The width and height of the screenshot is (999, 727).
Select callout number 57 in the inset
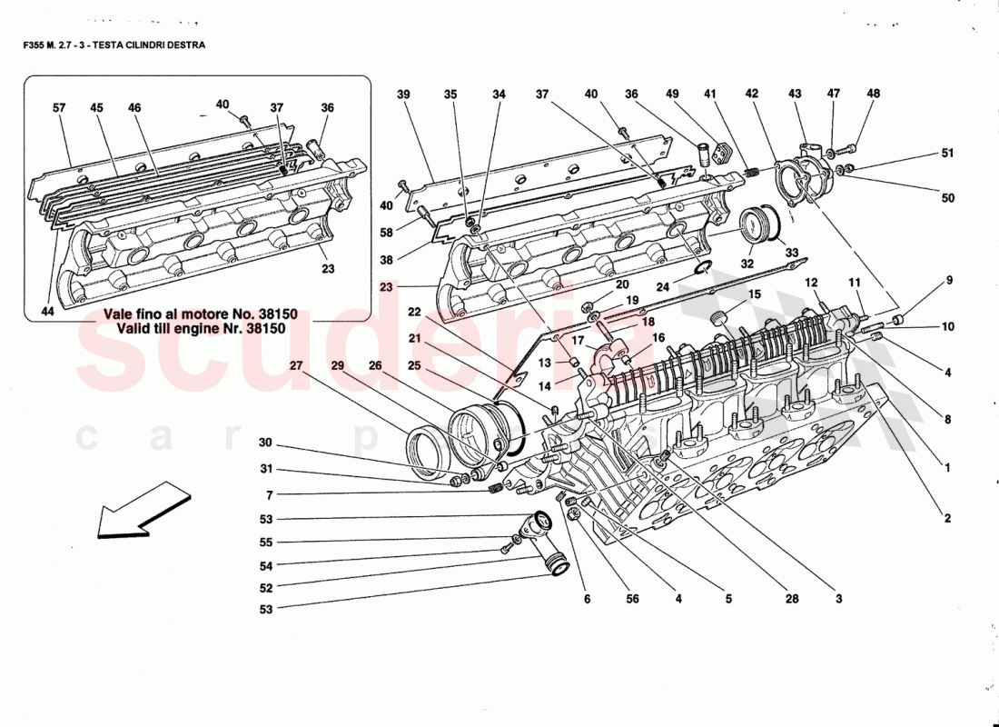pos(59,108)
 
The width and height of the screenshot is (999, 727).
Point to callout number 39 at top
pos(404,94)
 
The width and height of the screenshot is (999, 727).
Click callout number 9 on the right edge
pos(949,281)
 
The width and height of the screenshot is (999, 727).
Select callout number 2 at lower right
pos(946,519)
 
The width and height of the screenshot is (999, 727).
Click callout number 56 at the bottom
pos(633,599)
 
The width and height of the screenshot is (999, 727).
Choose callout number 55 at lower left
pos(266,542)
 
